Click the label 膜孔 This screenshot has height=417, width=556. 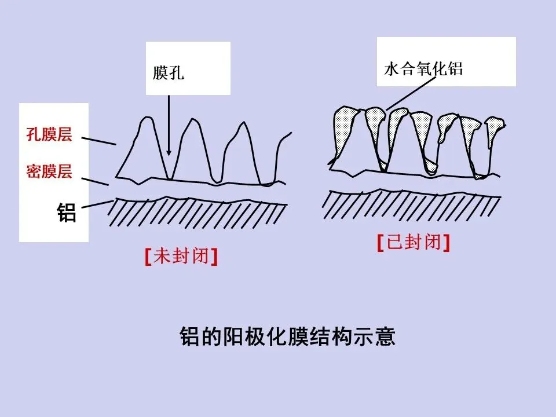[x=169, y=74]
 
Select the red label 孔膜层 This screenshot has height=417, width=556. [x=49, y=136]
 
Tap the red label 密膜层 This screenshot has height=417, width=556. [x=49, y=171]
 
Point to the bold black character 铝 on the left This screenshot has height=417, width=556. [x=67, y=213]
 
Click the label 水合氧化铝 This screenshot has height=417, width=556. [x=423, y=69]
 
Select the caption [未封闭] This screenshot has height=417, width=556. [x=181, y=257]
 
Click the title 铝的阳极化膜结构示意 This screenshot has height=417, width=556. [x=287, y=337]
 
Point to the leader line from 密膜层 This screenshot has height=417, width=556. [x=95, y=180]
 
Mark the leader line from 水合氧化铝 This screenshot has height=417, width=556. [x=412, y=93]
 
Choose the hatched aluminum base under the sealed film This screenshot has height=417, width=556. [x=411, y=204]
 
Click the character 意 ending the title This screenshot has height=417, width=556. [x=385, y=337]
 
